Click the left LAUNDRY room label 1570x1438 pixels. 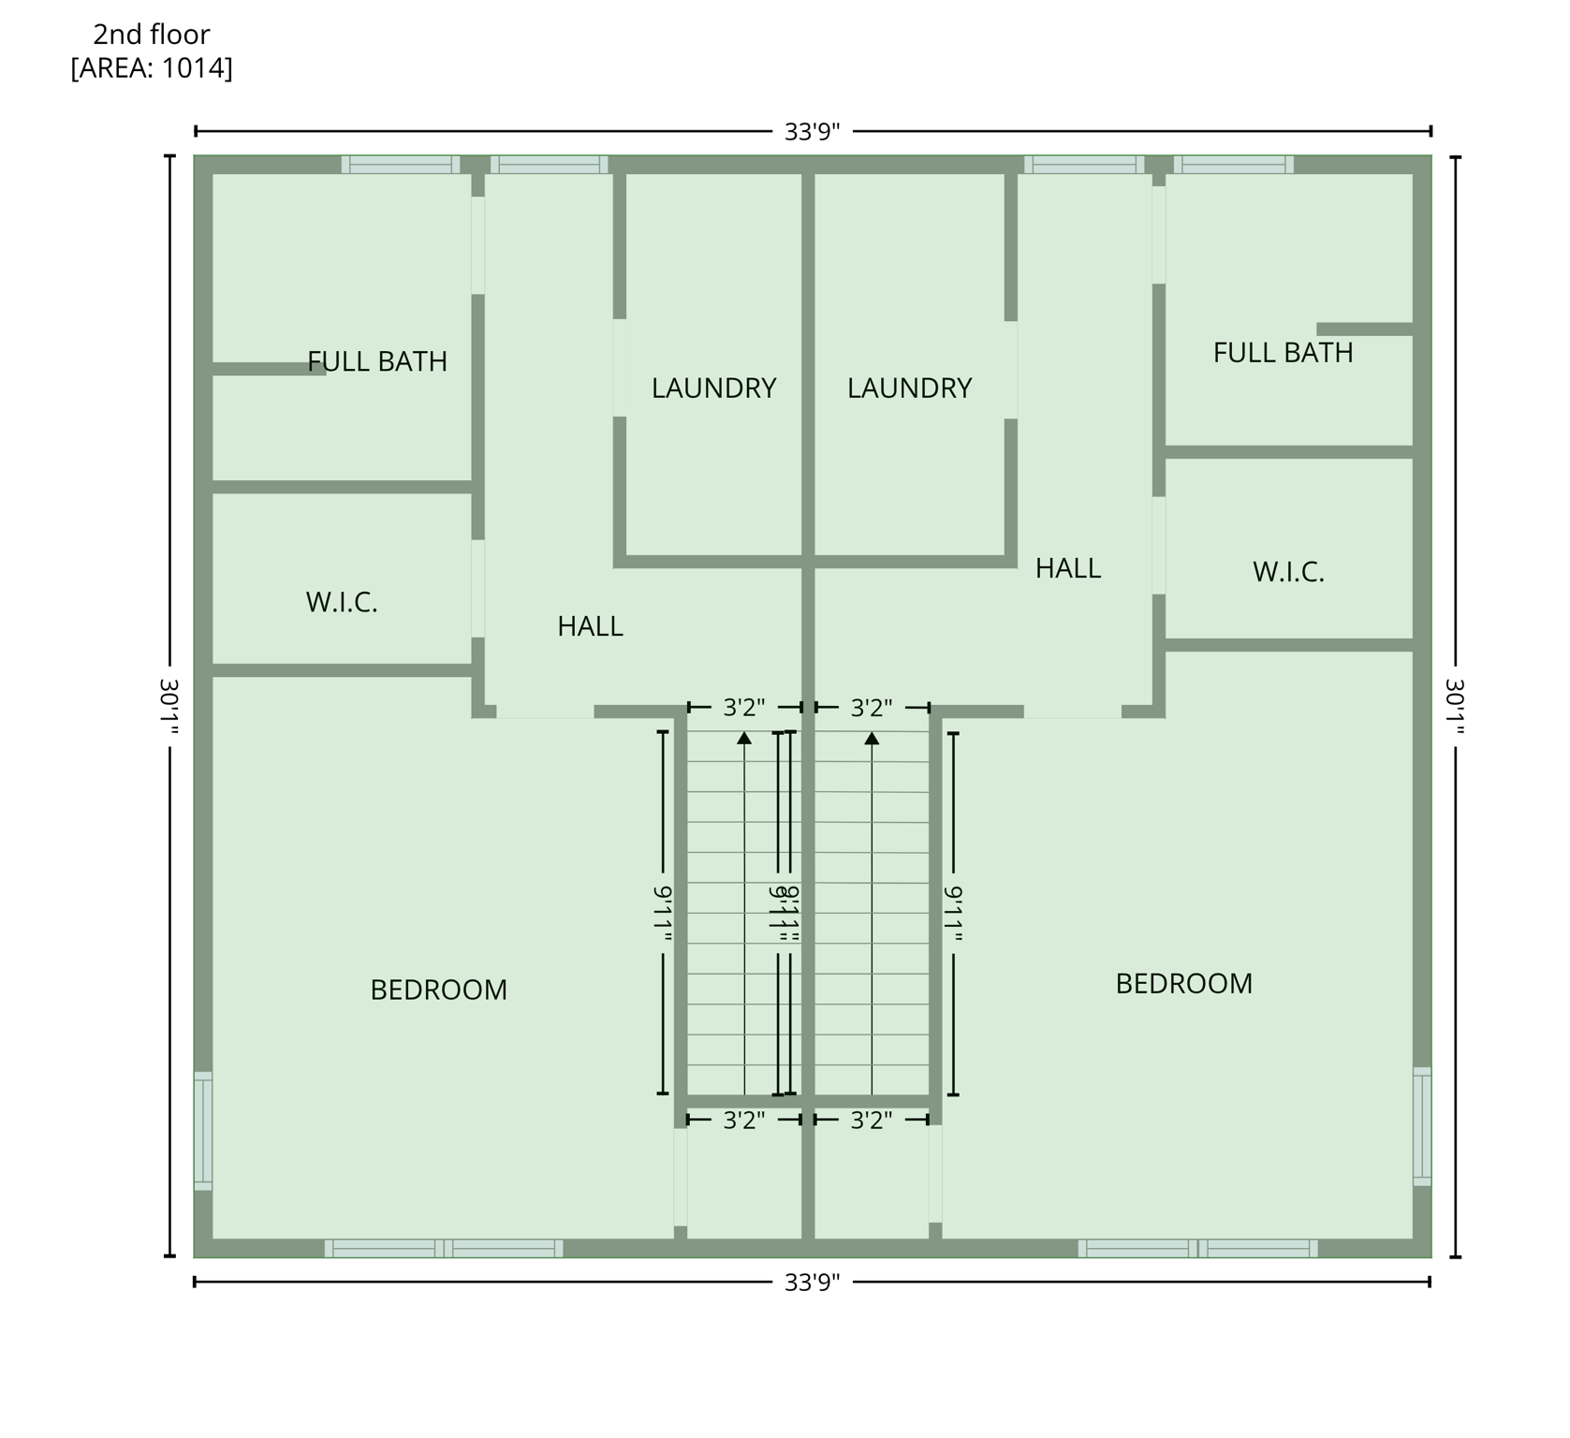click(713, 388)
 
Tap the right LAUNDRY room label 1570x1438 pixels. click(909, 388)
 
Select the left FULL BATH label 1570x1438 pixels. click(377, 361)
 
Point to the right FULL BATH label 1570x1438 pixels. click(1283, 353)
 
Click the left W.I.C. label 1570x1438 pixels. click(342, 602)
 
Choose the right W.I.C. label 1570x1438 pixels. click(1288, 572)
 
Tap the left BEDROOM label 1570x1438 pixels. click(438, 990)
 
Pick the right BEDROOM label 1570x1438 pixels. click(1183, 983)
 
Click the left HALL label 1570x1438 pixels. click(590, 626)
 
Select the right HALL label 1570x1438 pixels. click(1067, 568)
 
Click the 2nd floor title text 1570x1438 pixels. click(151, 35)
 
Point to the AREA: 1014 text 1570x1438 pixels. click(151, 68)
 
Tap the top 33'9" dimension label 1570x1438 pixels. click(812, 132)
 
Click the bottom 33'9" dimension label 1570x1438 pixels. click(812, 1282)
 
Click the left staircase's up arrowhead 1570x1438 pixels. click(744, 739)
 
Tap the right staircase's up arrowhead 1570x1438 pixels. click(872, 739)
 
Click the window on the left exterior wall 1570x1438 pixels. click(203, 1131)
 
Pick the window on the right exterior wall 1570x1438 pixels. click(1421, 1126)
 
